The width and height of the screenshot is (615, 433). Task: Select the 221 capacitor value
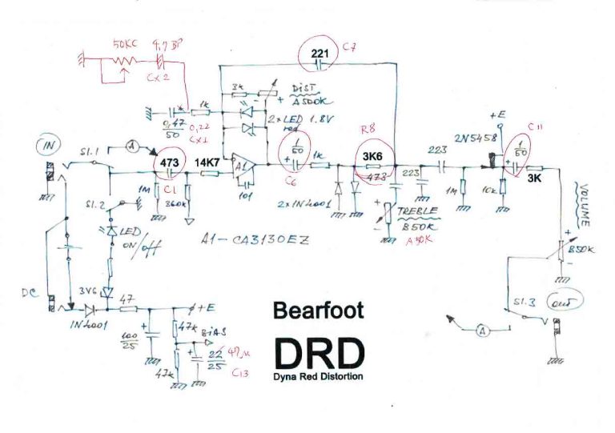point(320,54)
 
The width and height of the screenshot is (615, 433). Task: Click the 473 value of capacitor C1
point(170,160)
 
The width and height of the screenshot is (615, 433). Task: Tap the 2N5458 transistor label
point(475,138)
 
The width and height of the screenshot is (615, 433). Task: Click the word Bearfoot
point(319,311)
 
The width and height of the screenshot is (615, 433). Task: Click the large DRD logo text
point(319,351)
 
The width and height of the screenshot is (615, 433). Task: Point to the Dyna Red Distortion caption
point(319,376)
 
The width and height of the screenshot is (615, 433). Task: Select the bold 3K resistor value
point(536,181)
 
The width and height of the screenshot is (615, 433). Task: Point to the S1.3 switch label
point(521,303)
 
